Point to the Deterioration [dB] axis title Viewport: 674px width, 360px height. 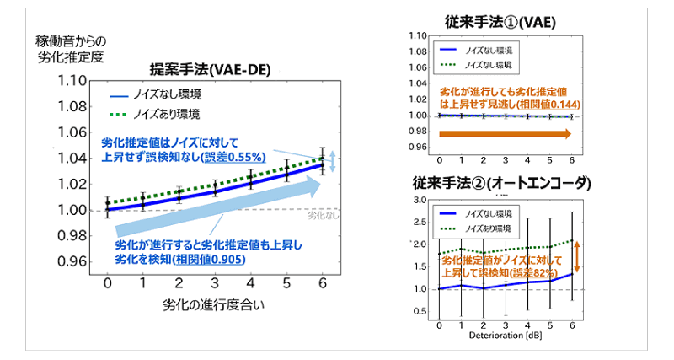pyautogui.click(x=505, y=336)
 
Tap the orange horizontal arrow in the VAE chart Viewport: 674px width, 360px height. pyautogui.click(x=505, y=133)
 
